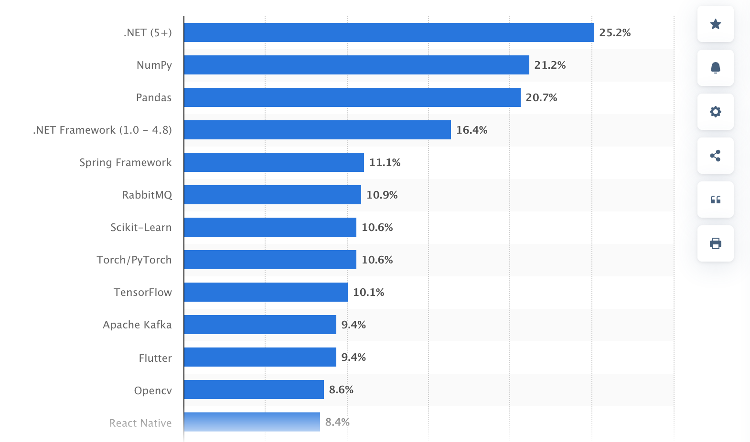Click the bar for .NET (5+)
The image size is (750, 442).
pos(389,32)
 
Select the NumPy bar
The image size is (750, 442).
pos(356,65)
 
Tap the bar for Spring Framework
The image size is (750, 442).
pos(274,162)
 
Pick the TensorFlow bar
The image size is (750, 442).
pos(266,292)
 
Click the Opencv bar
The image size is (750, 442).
pos(254,389)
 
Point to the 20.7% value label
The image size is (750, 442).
pos(541,97)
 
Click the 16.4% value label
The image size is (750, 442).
pos(471,130)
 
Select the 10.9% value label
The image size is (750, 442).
pos(382,195)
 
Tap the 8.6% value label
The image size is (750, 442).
pos(341,389)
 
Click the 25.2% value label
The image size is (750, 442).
pos(615,32)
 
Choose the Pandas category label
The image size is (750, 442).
pos(154,97)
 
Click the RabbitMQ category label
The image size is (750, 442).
pos(147,195)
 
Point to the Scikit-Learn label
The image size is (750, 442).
pos(141,227)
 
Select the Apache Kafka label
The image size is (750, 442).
pos(137,325)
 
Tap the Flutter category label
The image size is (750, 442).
pos(155,358)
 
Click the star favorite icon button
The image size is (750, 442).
pos(715,24)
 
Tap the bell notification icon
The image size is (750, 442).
pos(715,68)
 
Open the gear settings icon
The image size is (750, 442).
pos(715,112)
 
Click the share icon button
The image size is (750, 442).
pos(715,156)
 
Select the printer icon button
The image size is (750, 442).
pos(715,243)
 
